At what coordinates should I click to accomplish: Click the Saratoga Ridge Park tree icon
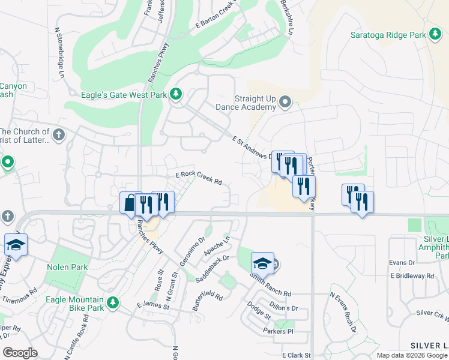tap(435, 34)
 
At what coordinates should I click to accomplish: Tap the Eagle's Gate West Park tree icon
tap(176, 94)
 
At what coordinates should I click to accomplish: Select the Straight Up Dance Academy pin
tap(285, 103)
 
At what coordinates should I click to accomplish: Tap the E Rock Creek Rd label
tap(199, 178)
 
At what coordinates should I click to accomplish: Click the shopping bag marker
tap(130, 203)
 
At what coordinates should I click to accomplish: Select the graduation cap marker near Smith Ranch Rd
tap(262, 263)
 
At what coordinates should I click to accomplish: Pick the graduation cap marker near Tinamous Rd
tap(16, 245)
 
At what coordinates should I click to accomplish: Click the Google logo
tap(20, 353)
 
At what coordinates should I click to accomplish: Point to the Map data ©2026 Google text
tap(412, 355)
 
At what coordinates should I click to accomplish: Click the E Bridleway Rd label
tap(412, 276)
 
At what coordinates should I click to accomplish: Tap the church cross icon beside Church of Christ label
tap(58, 134)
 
